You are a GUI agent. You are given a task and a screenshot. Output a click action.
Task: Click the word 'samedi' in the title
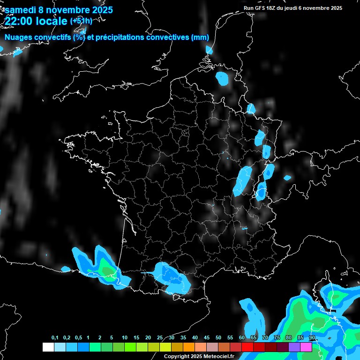coord(21,9)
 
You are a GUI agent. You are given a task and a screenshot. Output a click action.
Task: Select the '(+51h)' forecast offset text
coord(81,21)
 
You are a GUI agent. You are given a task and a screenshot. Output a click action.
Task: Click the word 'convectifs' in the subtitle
coord(52,37)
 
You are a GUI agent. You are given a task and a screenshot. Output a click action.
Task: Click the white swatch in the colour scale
coord(48,347)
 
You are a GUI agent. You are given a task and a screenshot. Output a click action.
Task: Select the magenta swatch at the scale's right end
coord(306,347)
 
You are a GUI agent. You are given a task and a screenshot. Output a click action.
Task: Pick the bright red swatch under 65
coord(247,347)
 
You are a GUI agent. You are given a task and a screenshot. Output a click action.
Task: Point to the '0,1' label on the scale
coord(55,338)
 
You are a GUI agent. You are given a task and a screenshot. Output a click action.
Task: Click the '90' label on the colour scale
coord(312,338)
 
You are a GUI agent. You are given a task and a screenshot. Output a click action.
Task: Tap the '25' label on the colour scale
coord(160,338)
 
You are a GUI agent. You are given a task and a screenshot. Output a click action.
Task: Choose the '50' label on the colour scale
coord(218,338)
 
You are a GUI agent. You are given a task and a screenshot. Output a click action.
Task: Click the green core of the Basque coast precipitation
coord(108,271)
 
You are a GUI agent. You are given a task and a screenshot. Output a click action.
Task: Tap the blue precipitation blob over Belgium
coord(222,78)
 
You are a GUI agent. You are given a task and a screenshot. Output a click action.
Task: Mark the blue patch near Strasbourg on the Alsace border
coord(259,137)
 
